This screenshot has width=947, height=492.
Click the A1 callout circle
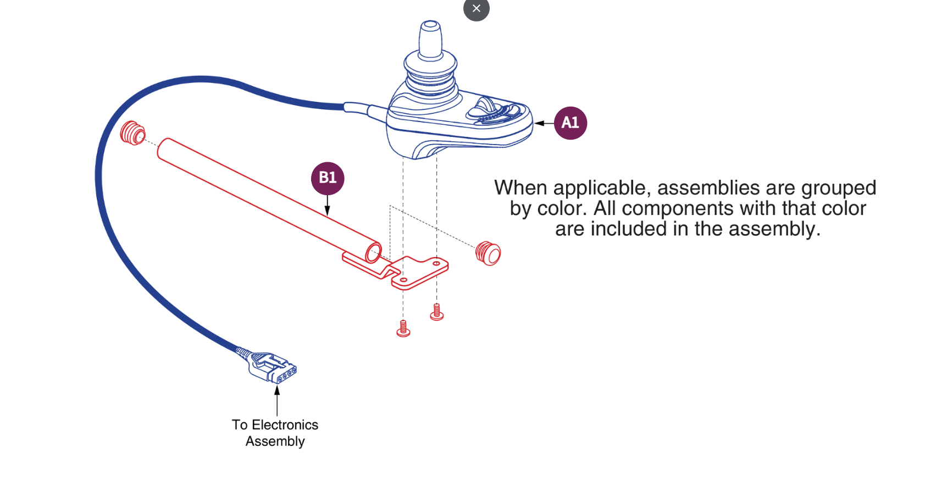click(x=570, y=123)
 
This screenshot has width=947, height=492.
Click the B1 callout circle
click(x=328, y=178)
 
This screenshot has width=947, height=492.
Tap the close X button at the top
click(x=476, y=9)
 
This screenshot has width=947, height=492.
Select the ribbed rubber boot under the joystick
click(x=430, y=74)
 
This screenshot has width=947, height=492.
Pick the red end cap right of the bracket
click(x=488, y=253)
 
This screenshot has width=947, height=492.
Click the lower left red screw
click(x=403, y=329)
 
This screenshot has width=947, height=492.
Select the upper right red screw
click(x=436, y=313)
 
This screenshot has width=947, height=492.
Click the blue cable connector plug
click(x=272, y=367)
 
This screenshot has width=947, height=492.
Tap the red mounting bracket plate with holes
click(x=420, y=273)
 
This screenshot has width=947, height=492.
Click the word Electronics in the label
click(x=285, y=425)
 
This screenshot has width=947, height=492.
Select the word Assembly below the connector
click(x=275, y=441)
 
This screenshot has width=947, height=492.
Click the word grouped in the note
click(x=838, y=189)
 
